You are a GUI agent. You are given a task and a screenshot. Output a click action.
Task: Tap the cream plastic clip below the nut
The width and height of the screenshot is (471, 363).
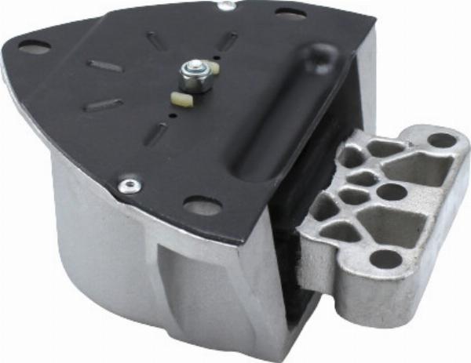click(x=182, y=98)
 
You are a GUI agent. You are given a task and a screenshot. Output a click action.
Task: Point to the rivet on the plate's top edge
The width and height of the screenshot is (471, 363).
click(x=227, y=6)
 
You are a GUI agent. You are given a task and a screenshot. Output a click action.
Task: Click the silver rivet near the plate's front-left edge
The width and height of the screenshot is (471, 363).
click(x=127, y=186)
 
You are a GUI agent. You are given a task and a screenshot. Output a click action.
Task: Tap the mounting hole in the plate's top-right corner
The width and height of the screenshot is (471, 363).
click(x=290, y=13)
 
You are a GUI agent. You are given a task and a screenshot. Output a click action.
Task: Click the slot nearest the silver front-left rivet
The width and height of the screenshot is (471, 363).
click(x=156, y=134)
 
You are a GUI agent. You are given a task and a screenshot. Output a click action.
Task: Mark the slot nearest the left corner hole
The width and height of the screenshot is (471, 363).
click(x=105, y=66)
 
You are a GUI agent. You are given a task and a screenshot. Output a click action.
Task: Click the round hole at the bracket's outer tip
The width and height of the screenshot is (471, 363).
click(x=442, y=141)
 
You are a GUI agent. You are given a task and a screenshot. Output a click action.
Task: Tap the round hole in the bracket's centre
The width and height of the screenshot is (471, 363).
click(x=390, y=191)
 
